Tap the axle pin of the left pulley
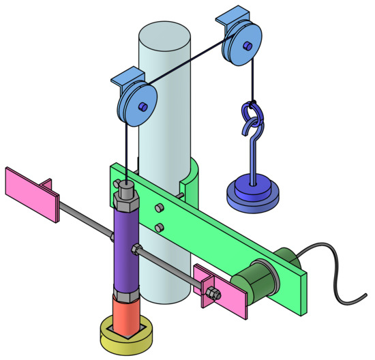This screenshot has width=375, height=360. click(142, 107)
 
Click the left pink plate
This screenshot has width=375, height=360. click(31, 194)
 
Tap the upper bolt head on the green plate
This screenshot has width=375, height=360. click(157, 208)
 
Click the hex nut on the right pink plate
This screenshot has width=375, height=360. click(212, 294)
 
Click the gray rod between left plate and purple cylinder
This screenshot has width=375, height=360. click(82, 220)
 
